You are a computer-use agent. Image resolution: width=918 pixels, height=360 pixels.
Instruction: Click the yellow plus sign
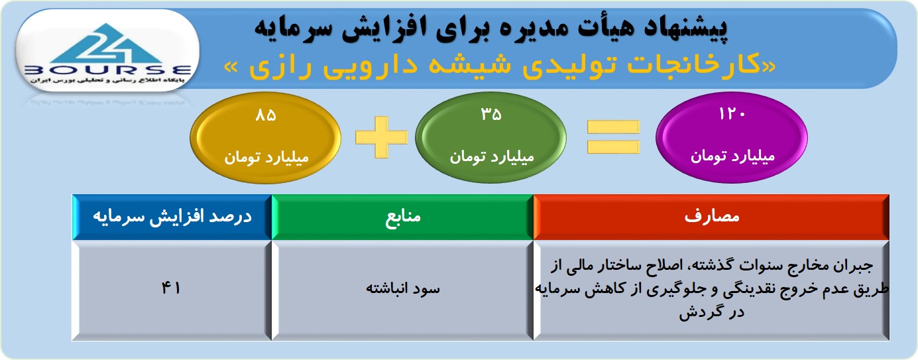(x=381, y=137)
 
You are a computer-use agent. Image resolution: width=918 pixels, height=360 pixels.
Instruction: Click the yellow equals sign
(x=613, y=137)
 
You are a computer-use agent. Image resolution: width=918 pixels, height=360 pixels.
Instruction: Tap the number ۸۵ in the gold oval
(x=266, y=115)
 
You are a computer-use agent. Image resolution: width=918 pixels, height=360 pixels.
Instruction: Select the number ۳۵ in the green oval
(x=491, y=115)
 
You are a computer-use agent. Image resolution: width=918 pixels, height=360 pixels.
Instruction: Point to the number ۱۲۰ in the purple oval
(x=732, y=114)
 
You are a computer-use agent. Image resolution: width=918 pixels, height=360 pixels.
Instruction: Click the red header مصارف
(x=711, y=217)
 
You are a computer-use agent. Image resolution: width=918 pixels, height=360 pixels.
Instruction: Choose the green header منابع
(x=402, y=217)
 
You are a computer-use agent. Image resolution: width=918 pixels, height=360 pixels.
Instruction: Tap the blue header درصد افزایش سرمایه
(x=172, y=217)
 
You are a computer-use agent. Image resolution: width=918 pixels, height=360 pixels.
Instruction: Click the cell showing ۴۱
(x=171, y=290)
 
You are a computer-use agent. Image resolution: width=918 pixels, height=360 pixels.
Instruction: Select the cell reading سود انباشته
(x=402, y=290)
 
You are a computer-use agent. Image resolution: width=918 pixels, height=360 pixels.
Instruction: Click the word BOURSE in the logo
(x=108, y=70)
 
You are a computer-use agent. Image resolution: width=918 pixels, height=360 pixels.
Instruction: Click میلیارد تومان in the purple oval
(x=732, y=156)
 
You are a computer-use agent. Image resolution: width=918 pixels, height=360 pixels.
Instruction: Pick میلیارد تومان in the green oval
(x=492, y=157)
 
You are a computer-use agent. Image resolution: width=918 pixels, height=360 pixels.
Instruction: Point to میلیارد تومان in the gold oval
(x=266, y=158)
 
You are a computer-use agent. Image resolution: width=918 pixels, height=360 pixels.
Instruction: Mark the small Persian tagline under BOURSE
(x=106, y=81)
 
